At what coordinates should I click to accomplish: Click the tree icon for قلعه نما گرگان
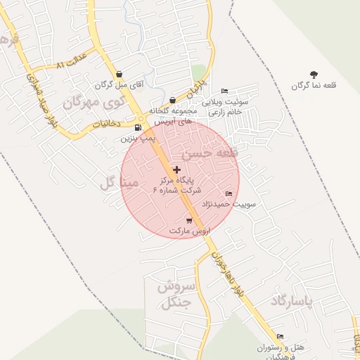click(x=314, y=74)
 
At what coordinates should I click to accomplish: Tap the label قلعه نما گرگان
click(x=314, y=86)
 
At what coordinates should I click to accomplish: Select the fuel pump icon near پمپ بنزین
click(x=138, y=127)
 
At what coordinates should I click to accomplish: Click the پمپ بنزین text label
click(x=137, y=139)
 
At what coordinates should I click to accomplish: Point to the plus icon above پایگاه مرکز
click(x=176, y=169)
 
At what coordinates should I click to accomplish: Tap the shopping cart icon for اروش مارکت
click(x=189, y=221)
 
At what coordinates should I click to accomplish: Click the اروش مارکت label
click(x=189, y=231)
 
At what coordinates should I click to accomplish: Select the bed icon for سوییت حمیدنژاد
click(x=228, y=194)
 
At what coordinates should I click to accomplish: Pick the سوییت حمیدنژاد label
click(x=229, y=204)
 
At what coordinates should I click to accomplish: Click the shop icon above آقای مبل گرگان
click(x=118, y=74)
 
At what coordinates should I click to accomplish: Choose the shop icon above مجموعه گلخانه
click(x=173, y=101)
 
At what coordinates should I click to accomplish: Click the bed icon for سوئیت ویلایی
click(x=224, y=91)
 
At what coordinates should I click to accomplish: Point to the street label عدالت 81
click(x=71, y=61)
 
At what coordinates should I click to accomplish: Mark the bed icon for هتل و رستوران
click(x=280, y=337)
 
